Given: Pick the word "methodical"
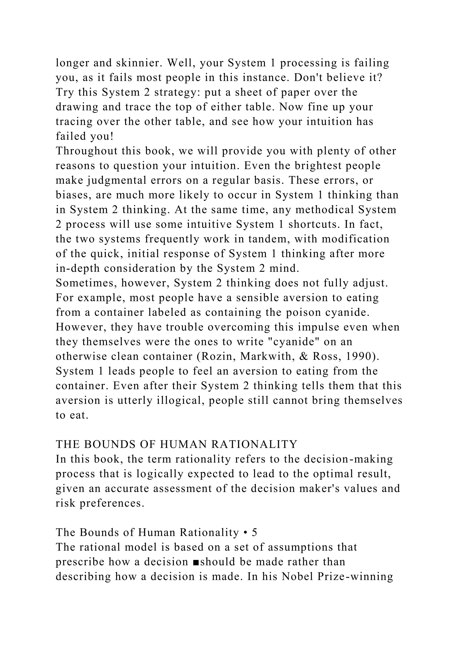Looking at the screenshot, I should click(x=324, y=210).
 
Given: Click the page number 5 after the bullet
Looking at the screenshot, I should click(x=254, y=533).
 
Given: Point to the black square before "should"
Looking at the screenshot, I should click(x=195, y=562).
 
